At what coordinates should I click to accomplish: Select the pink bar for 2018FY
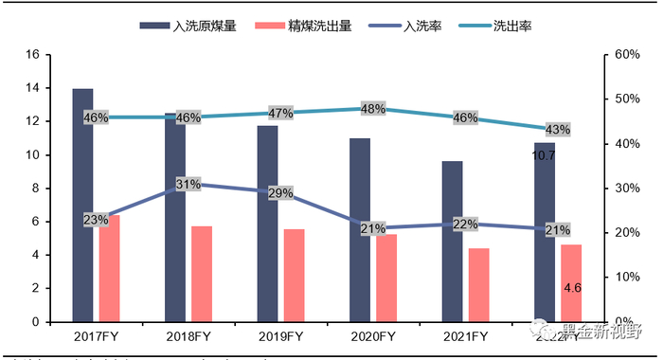pos(201,274)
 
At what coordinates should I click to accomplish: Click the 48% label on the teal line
pos(373,109)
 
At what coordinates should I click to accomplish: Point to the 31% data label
pos(188,184)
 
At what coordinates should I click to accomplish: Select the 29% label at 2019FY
pos(281,193)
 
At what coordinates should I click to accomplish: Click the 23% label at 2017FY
pos(96,220)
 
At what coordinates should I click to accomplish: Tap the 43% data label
pos(558,130)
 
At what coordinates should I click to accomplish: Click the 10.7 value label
pos(544,154)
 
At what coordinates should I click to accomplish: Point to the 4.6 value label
pos(571,287)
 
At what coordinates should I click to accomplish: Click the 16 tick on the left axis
pos(30,55)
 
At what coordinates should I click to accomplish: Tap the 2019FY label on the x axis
pos(280,336)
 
